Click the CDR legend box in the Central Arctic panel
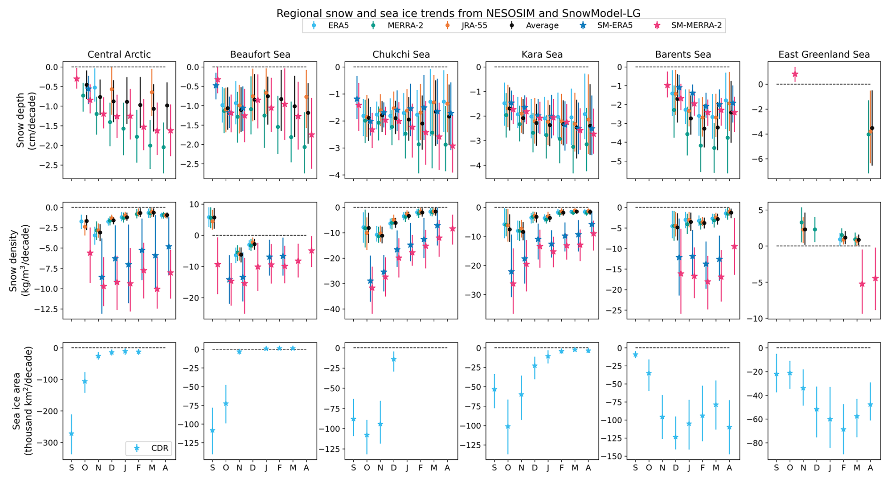click(x=149, y=448)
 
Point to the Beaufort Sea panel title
click(x=260, y=55)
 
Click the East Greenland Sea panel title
click(x=824, y=55)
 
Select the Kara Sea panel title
click(x=542, y=55)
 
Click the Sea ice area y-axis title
click(x=22, y=401)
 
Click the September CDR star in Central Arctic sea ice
click(x=72, y=434)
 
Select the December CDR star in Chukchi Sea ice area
click(x=394, y=360)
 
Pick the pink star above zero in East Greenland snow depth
click(x=795, y=74)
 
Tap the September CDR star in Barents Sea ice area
click(x=636, y=355)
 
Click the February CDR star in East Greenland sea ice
click(x=843, y=430)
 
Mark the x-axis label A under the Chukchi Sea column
click(x=447, y=468)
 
